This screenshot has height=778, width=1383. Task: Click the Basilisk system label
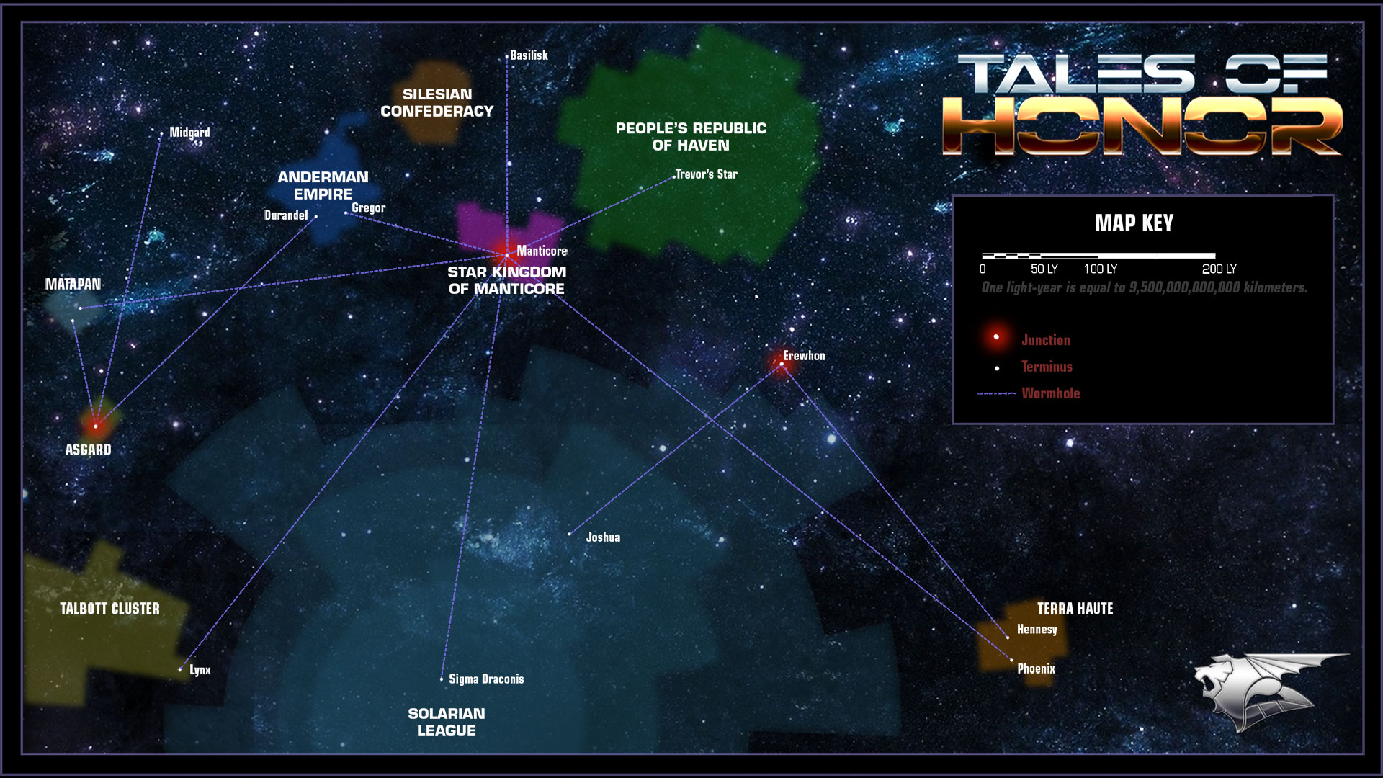pyautogui.click(x=529, y=55)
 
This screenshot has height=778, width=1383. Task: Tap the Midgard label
pyautogui.click(x=189, y=133)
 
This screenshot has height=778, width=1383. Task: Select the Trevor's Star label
pyautogui.click(x=706, y=174)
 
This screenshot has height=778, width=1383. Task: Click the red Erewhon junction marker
pyautogui.click(x=782, y=364)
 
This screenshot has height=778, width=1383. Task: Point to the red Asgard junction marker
pyautogui.click(x=95, y=426)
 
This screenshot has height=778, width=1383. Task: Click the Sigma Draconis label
pyautogui.click(x=486, y=679)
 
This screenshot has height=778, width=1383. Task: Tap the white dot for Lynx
pyautogui.click(x=180, y=670)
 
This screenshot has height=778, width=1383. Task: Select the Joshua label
pyautogui.click(x=603, y=537)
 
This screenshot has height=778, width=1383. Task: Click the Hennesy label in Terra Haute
pyautogui.click(x=1037, y=630)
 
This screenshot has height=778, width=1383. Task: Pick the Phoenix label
pyautogui.click(x=1036, y=669)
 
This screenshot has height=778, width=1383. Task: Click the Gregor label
pyautogui.click(x=368, y=208)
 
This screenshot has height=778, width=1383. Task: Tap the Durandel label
pyautogui.click(x=286, y=215)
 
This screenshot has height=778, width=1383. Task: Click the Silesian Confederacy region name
pyautogui.click(x=437, y=103)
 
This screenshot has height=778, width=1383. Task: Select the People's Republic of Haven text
pyautogui.click(x=691, y=137)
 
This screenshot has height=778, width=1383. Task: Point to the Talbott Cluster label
pyautogui.click(x=109, y=609)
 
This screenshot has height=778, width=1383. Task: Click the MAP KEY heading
pyautogui.click(x=1134, y=223)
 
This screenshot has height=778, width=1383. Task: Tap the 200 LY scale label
pyautogui.click(x=1219, y=269)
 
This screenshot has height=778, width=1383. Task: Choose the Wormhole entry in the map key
pyautogui.click(x=1050, y=393)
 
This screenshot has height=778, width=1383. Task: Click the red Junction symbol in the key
pyautogui.click(x=996, y=337)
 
